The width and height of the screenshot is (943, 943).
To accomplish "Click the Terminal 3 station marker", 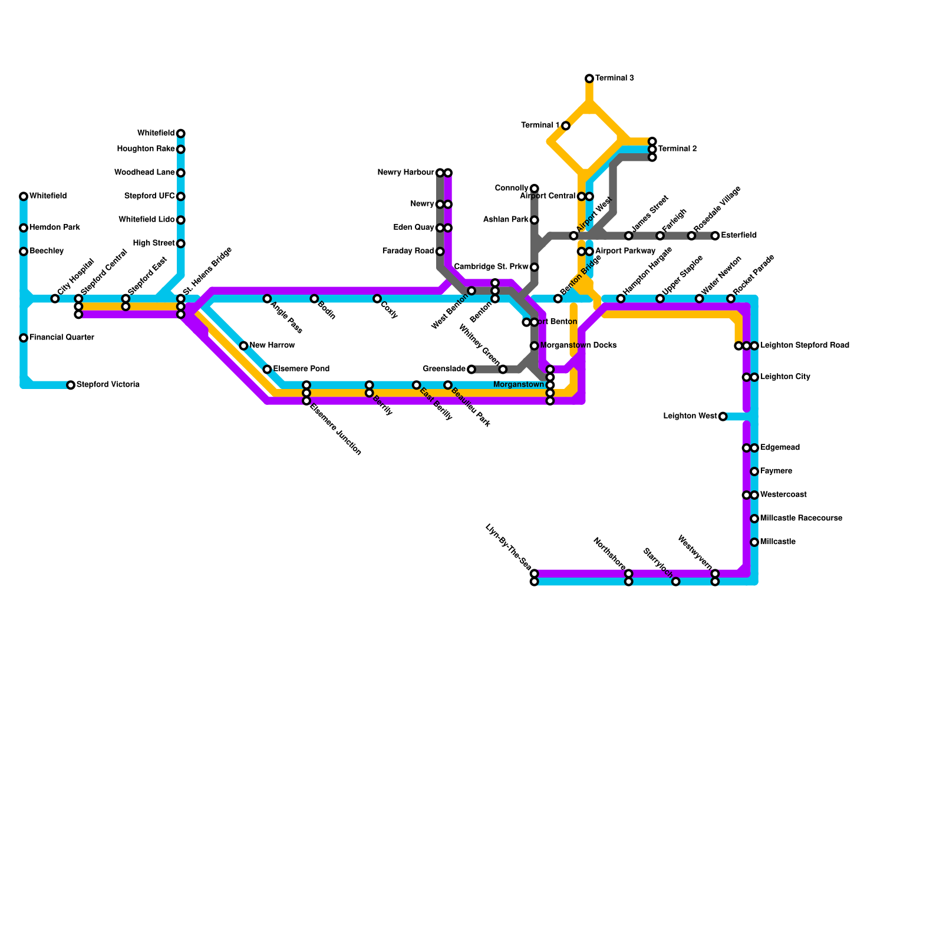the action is (589, 78).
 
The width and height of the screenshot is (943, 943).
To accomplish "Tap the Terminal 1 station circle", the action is (566, 126).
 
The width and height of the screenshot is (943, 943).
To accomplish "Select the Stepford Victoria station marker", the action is (71, 385).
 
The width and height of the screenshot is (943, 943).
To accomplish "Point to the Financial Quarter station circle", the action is (24, 338).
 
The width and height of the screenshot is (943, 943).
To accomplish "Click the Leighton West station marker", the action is (723, 417).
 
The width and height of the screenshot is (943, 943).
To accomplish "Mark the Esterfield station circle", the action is (715, 236).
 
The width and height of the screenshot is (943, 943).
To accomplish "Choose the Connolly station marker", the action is (535, 189).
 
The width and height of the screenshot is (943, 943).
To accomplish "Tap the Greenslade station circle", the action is (471, 370).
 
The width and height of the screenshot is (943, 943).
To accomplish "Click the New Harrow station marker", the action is (243, 345).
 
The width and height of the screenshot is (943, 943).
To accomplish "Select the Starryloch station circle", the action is (676, 582).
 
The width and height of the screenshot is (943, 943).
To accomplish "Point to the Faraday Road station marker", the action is (440, 252).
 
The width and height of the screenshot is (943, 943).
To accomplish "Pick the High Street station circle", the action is (181, 243).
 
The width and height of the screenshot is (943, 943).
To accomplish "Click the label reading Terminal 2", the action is (677, 149).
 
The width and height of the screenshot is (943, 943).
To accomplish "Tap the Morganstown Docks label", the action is (578, 345).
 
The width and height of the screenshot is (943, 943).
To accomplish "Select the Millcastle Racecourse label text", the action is (801, 519).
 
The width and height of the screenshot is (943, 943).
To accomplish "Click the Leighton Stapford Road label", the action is (804, 345).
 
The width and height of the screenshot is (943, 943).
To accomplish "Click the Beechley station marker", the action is (24, 252).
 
